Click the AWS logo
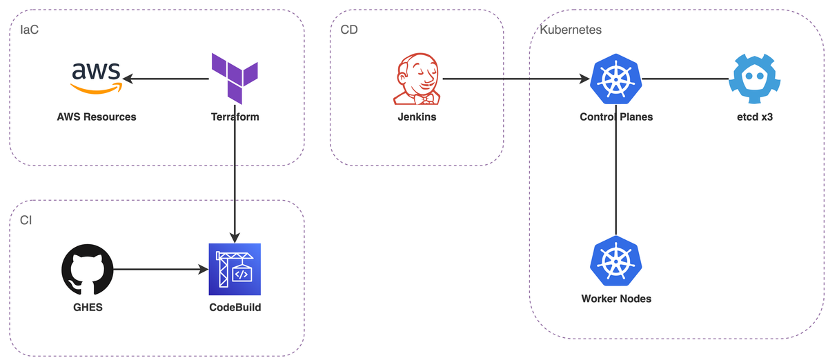96,78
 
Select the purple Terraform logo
235,79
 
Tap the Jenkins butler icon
417,79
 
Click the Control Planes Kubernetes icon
615,79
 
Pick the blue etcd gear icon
754,79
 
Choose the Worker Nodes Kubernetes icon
615,261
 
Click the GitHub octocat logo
87,270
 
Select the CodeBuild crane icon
235,270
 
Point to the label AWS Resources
97,117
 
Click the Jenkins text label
417,117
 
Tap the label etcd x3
755,117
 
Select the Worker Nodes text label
616,299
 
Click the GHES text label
88,308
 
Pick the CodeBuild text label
235,308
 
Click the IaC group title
29,30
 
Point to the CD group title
349,30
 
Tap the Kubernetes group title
571,30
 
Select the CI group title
26,220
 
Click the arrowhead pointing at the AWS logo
128,79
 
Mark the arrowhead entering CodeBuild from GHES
204,270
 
